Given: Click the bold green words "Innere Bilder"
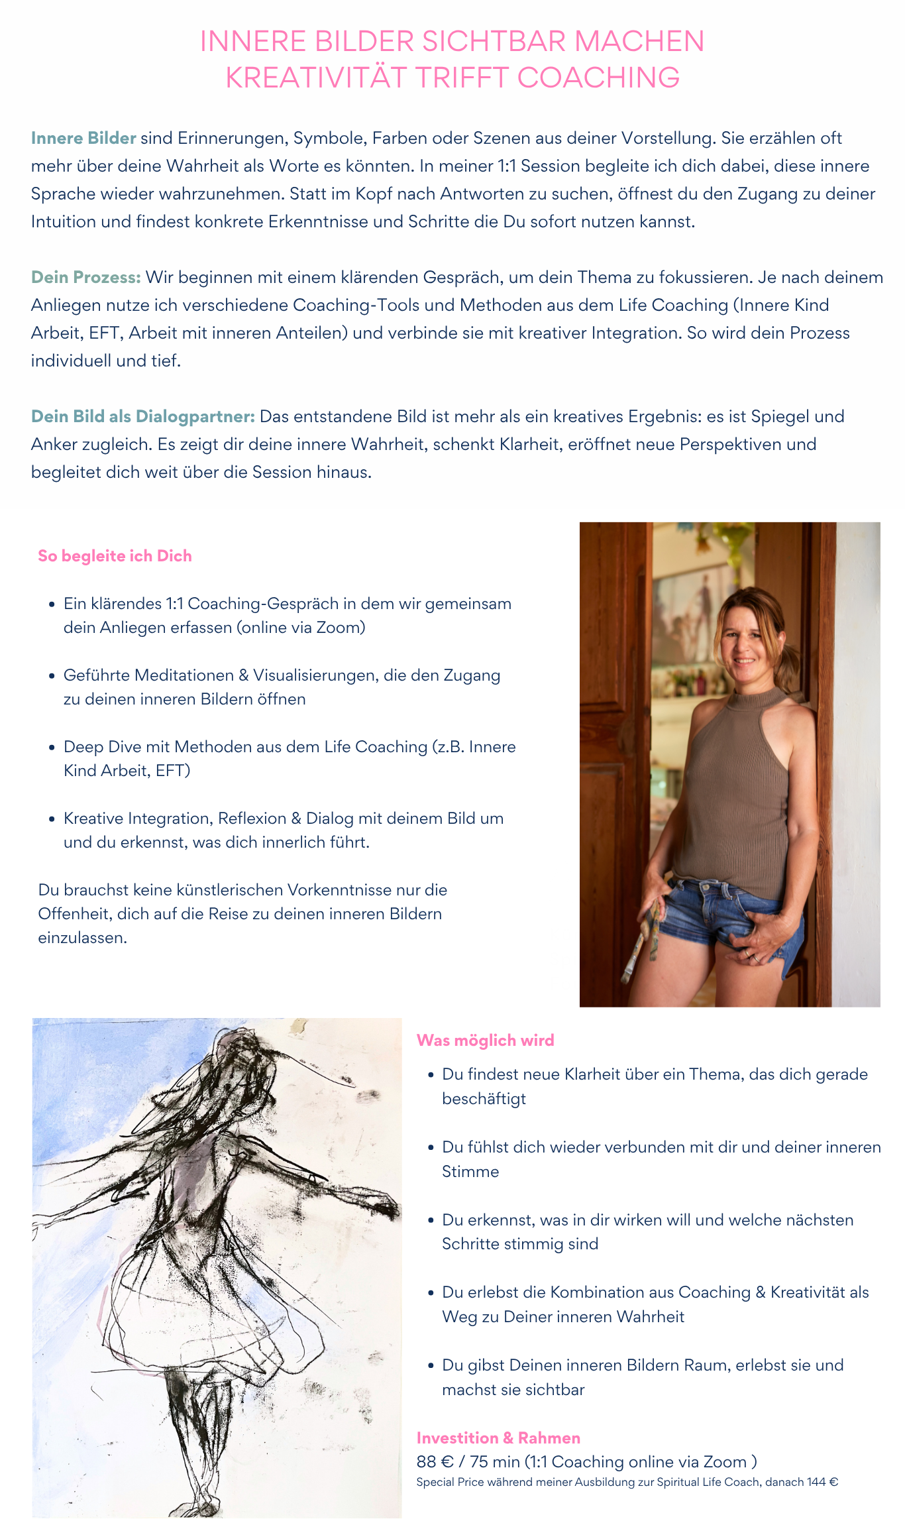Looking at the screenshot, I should tap(83, 138).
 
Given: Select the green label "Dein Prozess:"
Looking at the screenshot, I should tap(85, 277).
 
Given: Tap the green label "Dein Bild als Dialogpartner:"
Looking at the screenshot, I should tap(142, 416).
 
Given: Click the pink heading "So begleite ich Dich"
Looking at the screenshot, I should tap(115, 556).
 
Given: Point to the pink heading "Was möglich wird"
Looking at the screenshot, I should tap(485, 1040).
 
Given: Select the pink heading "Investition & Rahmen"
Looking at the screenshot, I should tap(498, 1438).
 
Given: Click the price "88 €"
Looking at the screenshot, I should tap(435, 1461).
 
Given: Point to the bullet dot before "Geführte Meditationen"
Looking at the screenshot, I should tap(52, 676).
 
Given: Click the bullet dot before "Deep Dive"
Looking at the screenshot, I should tap(52, 748).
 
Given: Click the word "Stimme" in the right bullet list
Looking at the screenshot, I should tap(470, 1171).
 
